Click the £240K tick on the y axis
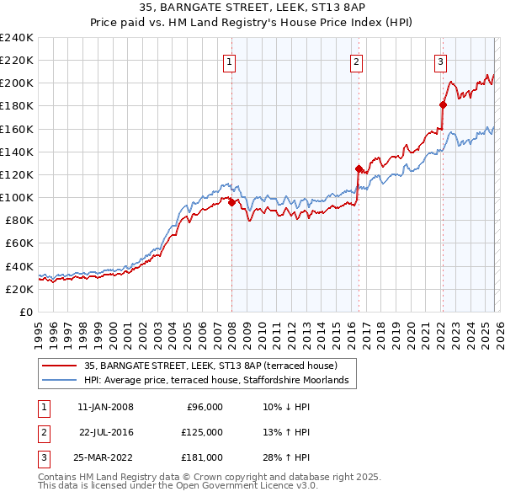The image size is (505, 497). coord(17,38)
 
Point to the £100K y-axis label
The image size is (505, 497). coord(17,197)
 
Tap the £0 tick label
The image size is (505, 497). coord(26,312)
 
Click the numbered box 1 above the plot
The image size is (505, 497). coord(230,61)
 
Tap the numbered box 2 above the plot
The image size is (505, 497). coord(357,61)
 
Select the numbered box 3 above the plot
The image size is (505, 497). coord(440,61)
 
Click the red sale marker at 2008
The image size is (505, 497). coord(231,201)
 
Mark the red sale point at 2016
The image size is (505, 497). coord(359,168)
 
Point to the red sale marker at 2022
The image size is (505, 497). coord(443,104)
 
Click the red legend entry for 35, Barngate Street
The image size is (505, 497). coord(210,366)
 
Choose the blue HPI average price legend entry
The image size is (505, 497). coord(216,381)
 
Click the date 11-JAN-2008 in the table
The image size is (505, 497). coord(105,407)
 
